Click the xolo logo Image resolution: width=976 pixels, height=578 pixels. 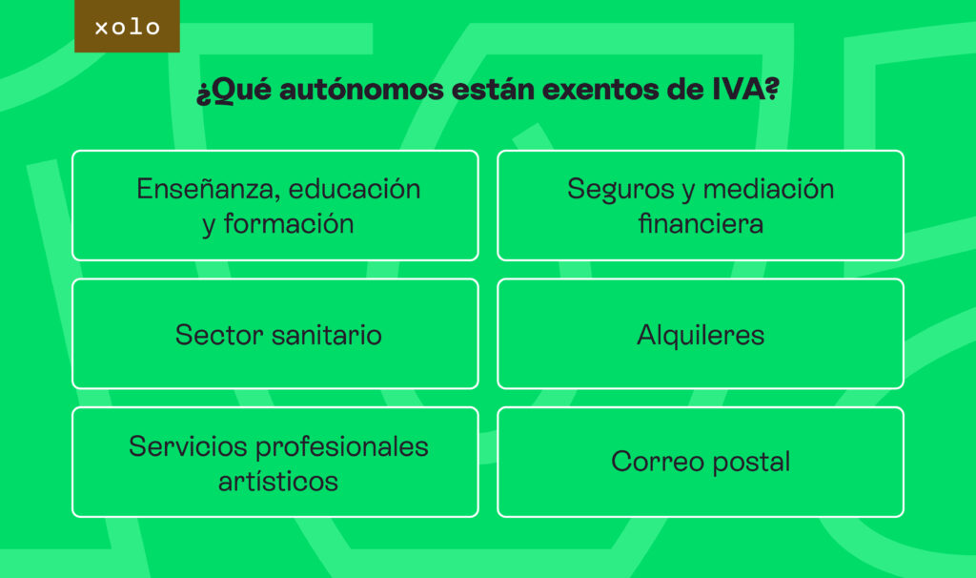127,26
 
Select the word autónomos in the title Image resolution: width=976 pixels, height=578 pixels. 361,89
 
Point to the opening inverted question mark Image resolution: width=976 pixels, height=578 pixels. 203,94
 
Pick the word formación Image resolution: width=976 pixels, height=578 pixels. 289,223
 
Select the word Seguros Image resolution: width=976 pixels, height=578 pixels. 620,190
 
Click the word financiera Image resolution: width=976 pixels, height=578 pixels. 701,223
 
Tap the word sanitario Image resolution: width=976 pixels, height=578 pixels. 327,335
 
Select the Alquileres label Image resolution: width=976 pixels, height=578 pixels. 701,335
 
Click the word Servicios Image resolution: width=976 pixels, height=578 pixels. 188,446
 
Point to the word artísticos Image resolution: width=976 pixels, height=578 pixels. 278,482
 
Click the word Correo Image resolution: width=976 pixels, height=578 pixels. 658,463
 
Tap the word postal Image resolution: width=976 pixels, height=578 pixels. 751,463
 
